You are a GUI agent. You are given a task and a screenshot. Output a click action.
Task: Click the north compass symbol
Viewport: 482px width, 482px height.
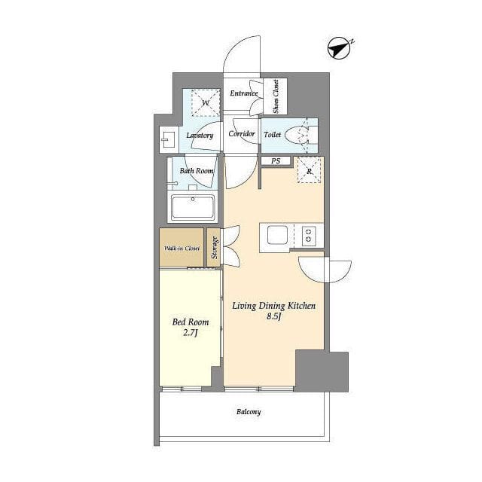coord(340,48)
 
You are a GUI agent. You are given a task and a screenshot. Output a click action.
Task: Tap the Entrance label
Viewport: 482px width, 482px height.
coord(244,93)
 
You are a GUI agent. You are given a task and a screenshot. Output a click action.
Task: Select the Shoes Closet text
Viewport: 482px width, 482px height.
coord(276,96)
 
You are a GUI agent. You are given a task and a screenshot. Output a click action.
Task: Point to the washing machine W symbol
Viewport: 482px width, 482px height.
coord(206,102)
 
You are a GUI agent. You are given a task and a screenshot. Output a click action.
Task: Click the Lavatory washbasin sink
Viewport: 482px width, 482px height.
coord(169,139)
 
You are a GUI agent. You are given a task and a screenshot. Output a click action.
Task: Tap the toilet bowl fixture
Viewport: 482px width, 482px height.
coord(297,136)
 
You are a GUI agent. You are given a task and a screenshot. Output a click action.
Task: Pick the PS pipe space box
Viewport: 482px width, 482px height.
coord(276,160)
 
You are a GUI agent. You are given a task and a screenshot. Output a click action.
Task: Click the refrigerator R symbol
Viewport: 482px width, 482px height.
coord(310,171)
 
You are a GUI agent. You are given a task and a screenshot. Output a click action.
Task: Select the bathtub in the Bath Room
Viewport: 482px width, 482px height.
coord(193,207)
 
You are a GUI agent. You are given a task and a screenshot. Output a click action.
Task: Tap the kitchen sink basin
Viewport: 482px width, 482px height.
coord(277,236)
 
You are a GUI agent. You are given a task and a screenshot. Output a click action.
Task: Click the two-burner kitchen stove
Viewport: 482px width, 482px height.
coord(309,236)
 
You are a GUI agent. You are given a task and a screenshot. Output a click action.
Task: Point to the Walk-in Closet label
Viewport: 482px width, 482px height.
coord(182,248)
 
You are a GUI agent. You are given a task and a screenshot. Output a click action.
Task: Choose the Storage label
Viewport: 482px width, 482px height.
coord(214,247)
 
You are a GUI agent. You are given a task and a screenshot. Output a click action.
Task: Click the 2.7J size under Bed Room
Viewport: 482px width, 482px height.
coord(191,333)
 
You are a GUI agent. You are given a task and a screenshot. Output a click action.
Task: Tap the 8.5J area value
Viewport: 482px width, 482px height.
coord(274,316)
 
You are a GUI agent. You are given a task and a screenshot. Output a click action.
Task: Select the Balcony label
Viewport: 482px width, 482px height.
coord(249,412)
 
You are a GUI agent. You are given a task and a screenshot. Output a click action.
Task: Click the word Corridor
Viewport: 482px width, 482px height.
coord(242,134)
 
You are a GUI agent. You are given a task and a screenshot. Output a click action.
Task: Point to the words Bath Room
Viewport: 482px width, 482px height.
coord(197,171)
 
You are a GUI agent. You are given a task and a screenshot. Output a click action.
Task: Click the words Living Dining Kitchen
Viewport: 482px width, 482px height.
coord(274,306)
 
